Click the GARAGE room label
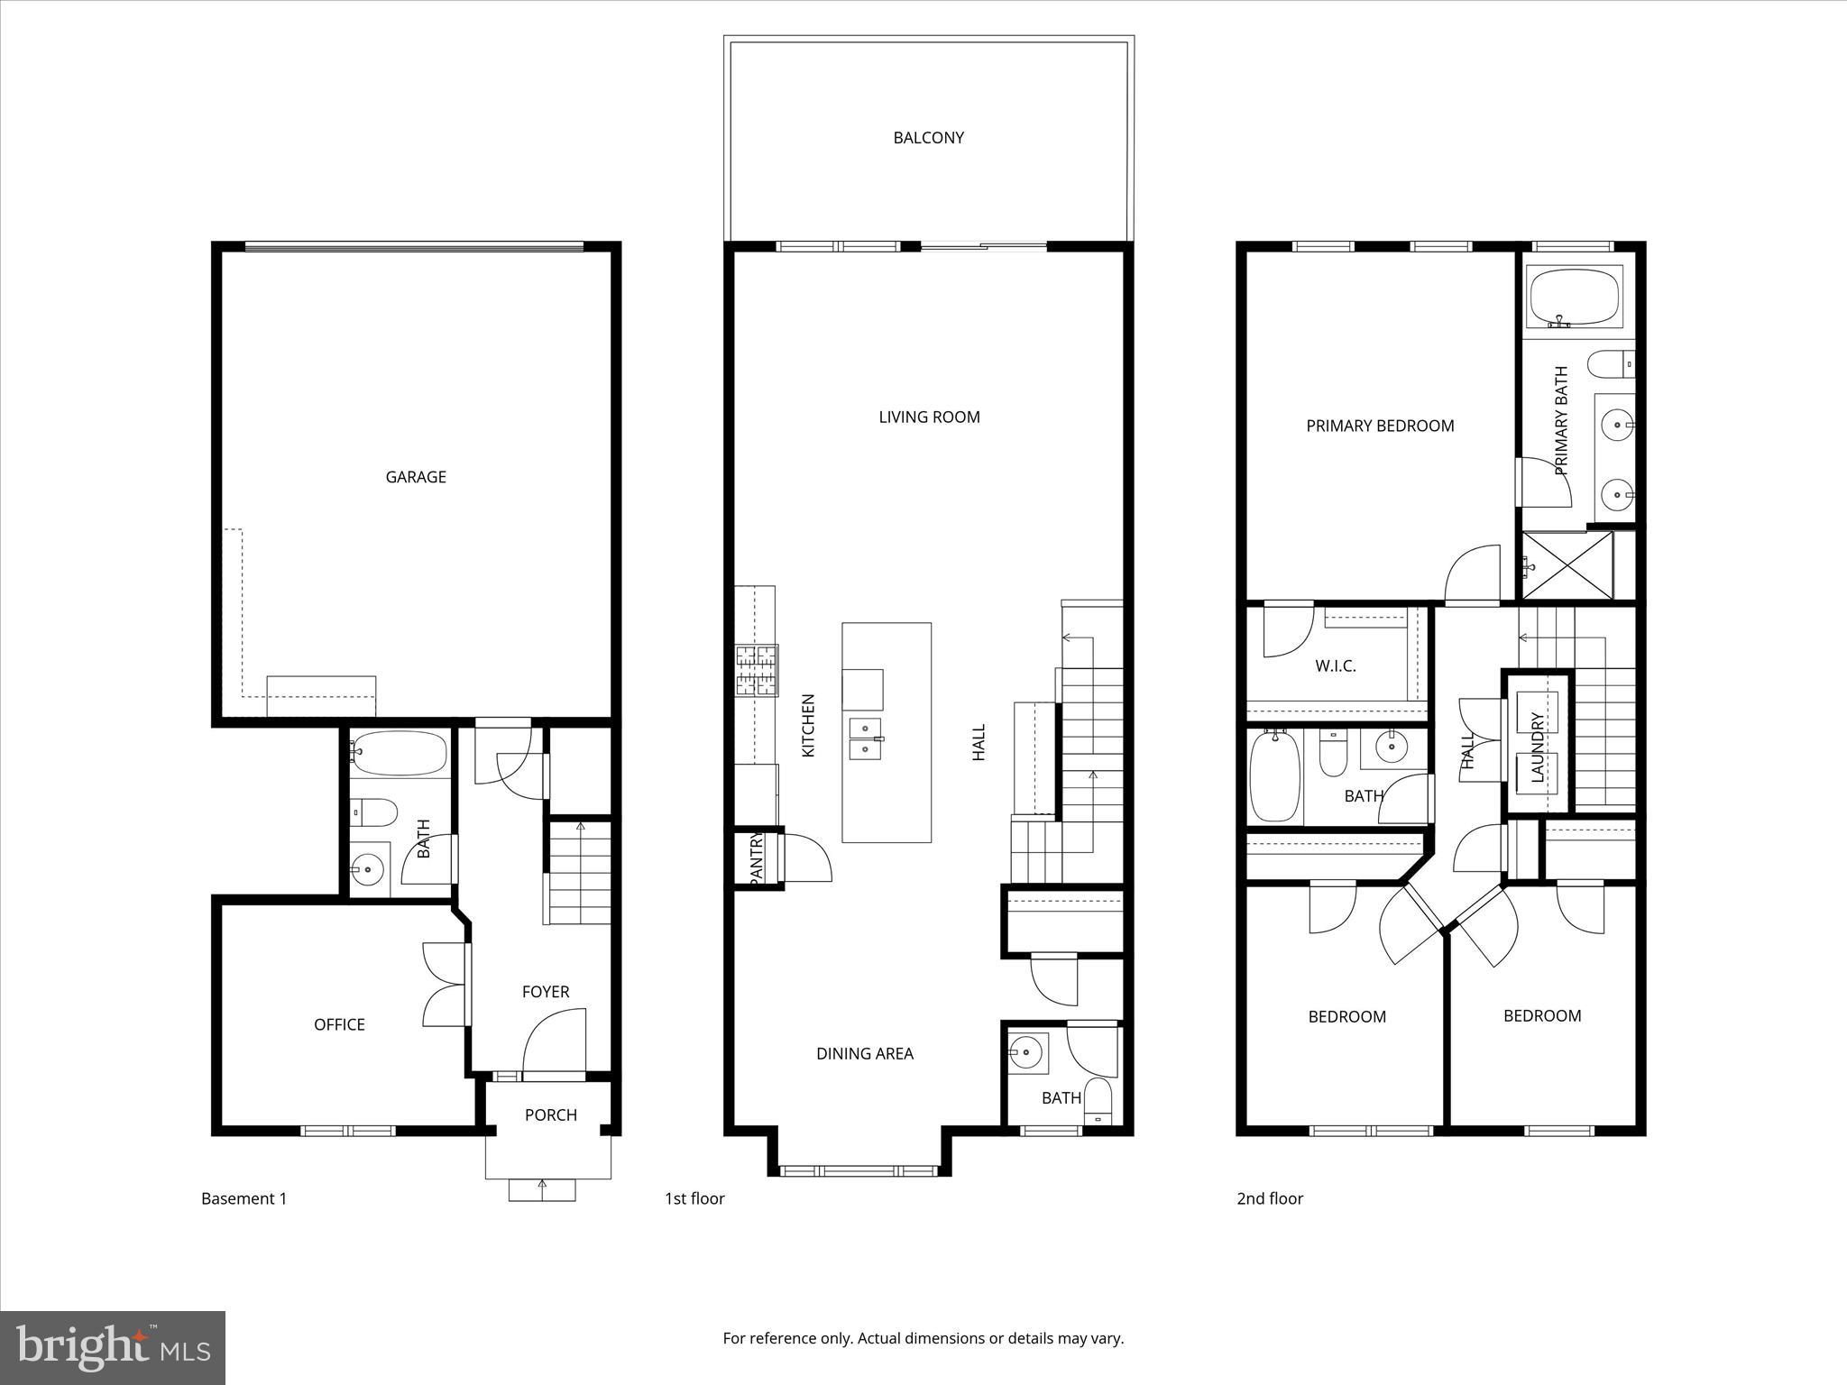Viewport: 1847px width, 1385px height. point(416,477)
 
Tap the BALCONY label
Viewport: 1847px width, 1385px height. point(928,138)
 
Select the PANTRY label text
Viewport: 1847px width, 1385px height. point(757,858)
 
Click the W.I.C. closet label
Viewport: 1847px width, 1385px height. point(1335,666)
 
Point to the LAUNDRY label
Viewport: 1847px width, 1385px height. point(1538,746)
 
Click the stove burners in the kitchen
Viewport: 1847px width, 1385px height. point(757,670)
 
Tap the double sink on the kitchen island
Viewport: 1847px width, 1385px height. point(866,738)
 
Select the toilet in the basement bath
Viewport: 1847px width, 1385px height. point(373,812)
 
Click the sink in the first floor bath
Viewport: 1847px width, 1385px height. point(1026,1051)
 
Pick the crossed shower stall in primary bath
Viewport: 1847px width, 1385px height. point(1567,565)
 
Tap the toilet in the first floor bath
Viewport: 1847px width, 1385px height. point(1098,1100)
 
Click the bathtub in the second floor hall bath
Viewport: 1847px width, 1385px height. point(1275,775)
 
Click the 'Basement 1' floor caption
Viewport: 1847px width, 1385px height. point(244,1198)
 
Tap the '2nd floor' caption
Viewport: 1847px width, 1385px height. point(1269,1198)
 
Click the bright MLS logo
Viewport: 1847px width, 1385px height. point(113,1348)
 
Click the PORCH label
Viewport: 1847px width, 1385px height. point(550,1115)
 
